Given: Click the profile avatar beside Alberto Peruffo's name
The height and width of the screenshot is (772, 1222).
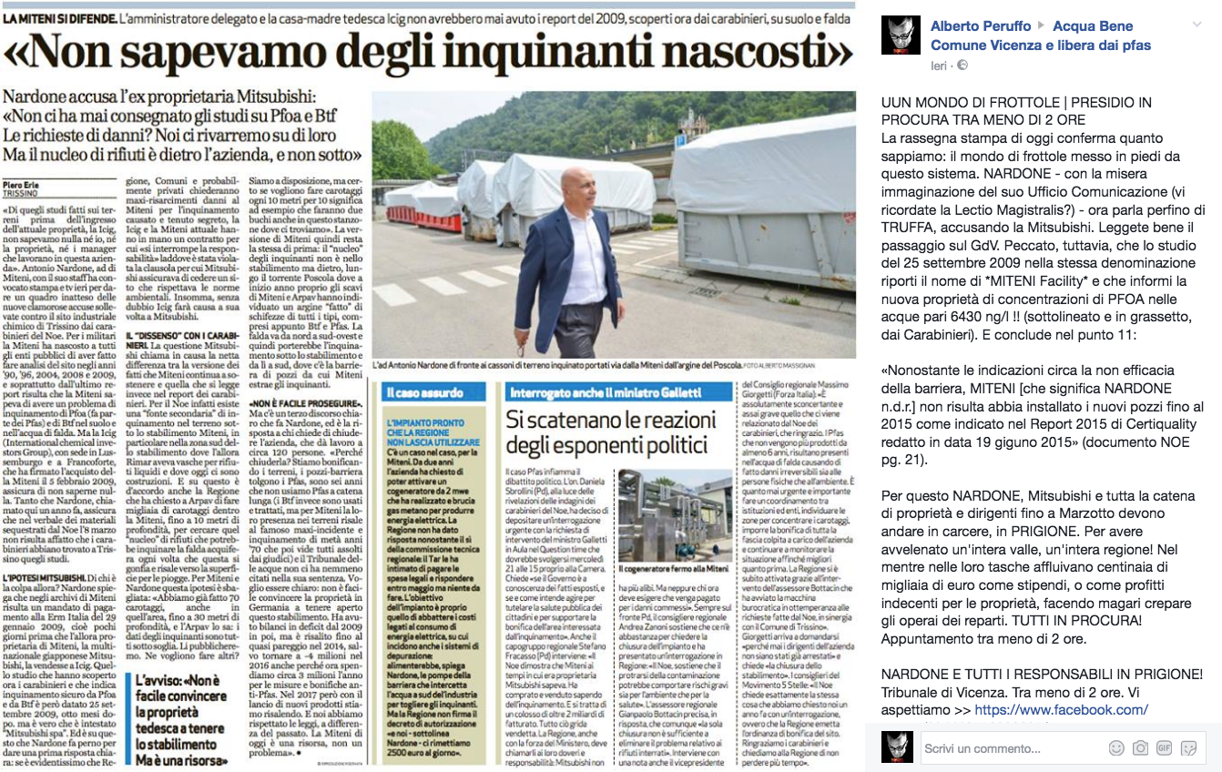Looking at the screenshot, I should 901,34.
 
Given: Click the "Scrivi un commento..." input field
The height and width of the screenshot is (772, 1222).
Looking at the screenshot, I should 1002,748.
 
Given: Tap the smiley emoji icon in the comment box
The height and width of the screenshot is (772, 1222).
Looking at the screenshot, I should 1115,748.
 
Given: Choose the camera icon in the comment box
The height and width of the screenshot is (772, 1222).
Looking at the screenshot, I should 1140,748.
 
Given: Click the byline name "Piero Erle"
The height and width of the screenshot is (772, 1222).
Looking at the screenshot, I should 22,181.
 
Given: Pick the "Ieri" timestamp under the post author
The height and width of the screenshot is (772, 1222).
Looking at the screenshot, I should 939,66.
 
